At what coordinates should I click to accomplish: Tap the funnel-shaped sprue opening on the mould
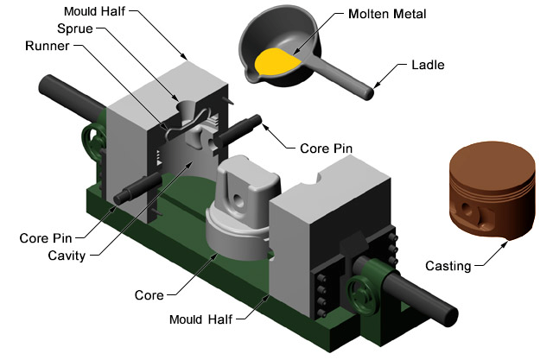point(189,110)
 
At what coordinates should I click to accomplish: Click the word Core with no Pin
point(149,295)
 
